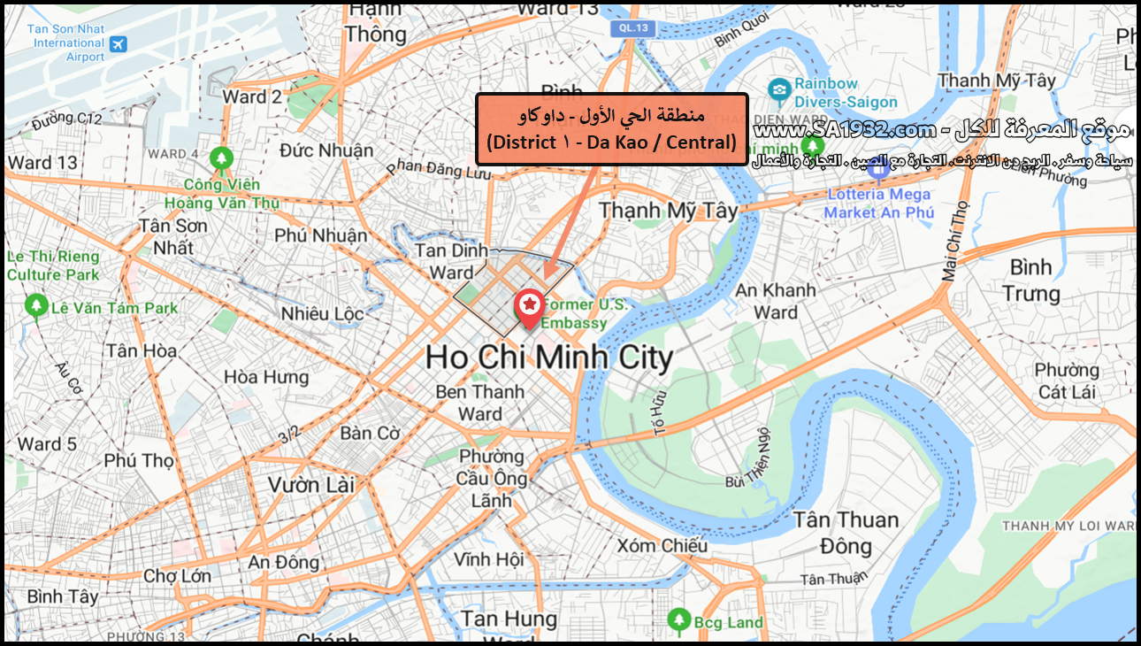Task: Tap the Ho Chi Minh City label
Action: click(x=548, y=358)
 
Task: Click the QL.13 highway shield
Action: click(x=630, y=28)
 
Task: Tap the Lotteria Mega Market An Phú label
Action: click(x=878, y=203)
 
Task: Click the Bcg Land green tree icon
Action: click(x=678, y=621)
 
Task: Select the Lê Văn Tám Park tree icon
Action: click(x=35, y=306)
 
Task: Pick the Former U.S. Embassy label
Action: click(x=583, y=313)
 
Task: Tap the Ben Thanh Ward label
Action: click(x=480, y=403)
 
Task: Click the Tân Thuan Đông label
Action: click(x=846, y=532)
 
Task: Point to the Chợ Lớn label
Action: click(x=177, y=576)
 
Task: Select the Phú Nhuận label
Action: click(x=320, y=235)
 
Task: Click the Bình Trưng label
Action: click(x=1031, y=280)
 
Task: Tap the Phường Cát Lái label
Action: click(x=1066, y=381)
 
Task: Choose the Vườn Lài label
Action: click(x=311, y=485)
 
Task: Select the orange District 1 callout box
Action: click(x=612, y=129)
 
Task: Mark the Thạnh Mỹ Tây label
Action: click(x=668, y=211)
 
